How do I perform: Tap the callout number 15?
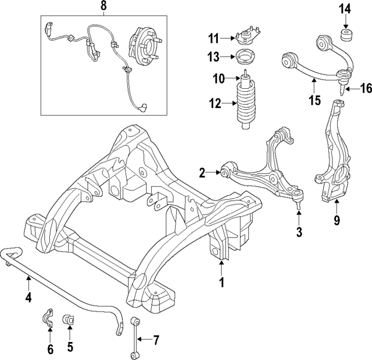[x=314, y=100]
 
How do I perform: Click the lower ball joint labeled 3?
[x=297, y=200]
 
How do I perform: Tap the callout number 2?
[x=202, y=172]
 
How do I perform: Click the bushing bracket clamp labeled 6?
[x=49, y=320]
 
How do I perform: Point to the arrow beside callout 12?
[x=229, y=105]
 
